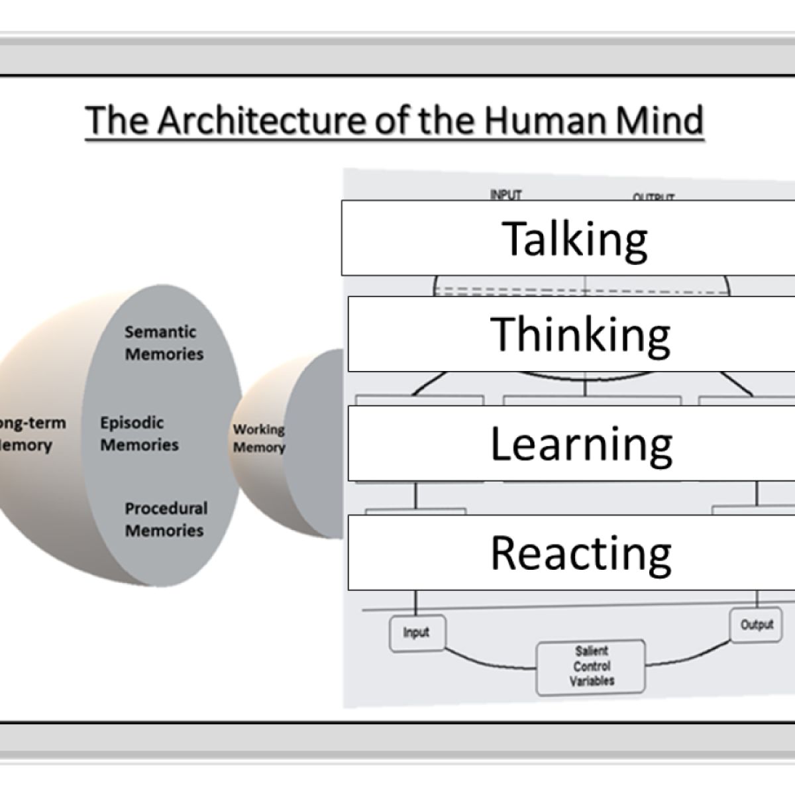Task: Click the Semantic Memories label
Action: [x=163, y=343]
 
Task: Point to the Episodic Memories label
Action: [x=138, y=433]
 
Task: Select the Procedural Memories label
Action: [x=166, y=519]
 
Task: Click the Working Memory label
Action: [x=258, y=438]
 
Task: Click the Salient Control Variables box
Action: [x=591, y=666]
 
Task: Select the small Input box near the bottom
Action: [x=416, y=633]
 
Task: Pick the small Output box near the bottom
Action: [x=757, y=625]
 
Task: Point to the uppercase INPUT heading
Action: [x=505, y=194]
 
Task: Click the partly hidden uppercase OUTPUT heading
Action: [x=653, y=197]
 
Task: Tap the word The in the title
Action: [x=116, y=121]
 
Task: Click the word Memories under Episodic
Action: [x=139, y=445]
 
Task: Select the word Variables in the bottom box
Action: [x=592, y=681]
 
